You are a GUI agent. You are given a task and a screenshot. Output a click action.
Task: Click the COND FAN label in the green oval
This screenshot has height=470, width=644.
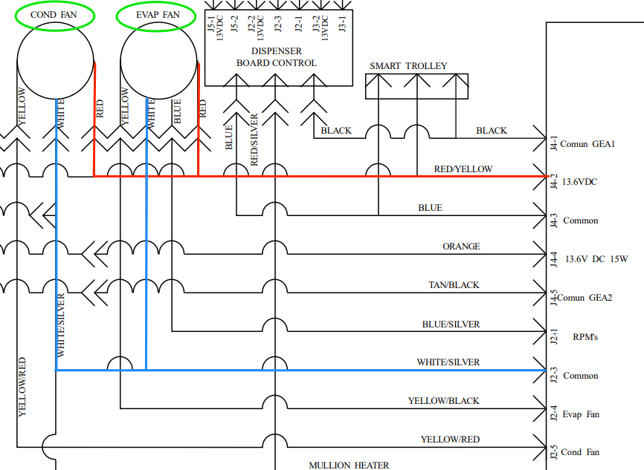pyautogui.click(x=57, y=14)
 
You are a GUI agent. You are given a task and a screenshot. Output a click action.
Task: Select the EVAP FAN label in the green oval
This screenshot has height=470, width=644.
pyautogui.click(x=158, y=14)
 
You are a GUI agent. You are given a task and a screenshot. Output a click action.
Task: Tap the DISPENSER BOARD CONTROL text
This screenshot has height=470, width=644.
pyautogui.click(x=277, y=57)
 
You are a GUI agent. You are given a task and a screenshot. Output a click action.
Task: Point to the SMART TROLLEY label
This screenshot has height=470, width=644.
pyautogui.click(x=408, y=66)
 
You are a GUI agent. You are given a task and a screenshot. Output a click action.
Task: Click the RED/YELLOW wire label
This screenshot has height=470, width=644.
pyautogui.click(x=463, y=169)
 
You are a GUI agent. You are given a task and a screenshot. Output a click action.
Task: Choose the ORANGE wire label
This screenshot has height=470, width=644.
pyautogui.click(x=461, y=247)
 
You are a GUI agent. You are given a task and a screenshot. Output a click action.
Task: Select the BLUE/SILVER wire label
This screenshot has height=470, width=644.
pyautogui.click(x=451, y=324)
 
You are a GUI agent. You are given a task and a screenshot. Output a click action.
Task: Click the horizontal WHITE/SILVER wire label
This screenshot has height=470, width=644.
pyautogui.click(x=448, y=362)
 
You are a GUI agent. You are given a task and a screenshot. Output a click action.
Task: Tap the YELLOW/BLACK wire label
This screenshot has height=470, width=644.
pyautogui.click(x=443, y=401)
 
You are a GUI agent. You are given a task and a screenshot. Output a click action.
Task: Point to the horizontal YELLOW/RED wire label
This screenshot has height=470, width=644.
pyautogui.click(x=450, y=440)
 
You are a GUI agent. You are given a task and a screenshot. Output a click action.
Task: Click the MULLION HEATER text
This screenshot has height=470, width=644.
pyautogui.click(x=349, y=466)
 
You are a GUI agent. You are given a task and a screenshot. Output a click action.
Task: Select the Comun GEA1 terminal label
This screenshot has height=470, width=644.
pyautogui.click(x=587, y=144)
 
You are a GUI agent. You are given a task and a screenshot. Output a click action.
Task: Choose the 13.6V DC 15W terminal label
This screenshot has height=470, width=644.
pyautogui.click(x=596, y=259)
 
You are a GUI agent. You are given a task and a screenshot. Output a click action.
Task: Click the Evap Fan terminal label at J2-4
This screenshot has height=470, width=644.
pyautogui.click(x=581, y=414)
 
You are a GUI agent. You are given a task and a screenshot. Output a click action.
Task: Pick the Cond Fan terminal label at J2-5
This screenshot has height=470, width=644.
pyautogui.click(x=581, y=452)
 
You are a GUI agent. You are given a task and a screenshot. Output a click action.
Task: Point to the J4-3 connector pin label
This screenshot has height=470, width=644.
pyautogui.click(x=553, y=221)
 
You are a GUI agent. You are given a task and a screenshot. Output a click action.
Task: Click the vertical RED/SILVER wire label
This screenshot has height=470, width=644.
pyautogui.click(x=254, y=140)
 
